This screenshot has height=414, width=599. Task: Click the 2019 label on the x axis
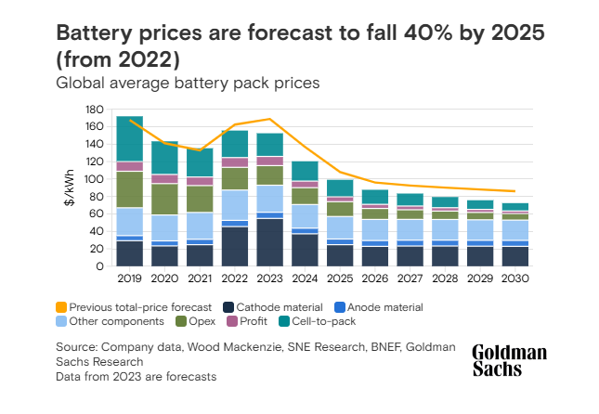coord(129,278)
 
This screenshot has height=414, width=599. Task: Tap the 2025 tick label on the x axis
coord(340,278)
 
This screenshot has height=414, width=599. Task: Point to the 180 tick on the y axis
coord(93,110)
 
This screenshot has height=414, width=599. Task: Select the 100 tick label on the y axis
coord(93,179)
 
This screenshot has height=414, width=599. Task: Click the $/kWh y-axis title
coord(70,188)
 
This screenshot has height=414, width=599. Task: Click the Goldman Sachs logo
coord(509,361)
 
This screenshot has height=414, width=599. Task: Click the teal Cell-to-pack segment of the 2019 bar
coord(129,138)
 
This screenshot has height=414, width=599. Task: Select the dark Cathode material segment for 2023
coord(269,242)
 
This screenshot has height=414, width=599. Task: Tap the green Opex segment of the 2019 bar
coord(129,189)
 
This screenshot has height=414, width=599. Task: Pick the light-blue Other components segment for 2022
coord(234,204)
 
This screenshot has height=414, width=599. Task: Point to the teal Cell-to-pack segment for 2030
coord(515,207)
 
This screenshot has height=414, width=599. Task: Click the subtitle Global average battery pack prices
coord(188,84)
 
